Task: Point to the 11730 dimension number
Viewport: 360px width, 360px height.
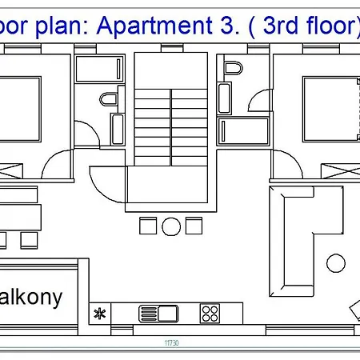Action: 170,343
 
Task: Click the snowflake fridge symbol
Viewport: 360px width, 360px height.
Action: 101,313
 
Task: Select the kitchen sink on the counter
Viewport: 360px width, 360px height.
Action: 158,313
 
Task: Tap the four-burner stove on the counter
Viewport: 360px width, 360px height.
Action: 210,313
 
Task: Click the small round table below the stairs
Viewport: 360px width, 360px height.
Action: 171,226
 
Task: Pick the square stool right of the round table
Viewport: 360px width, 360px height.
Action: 193,226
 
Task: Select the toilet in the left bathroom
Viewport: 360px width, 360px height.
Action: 107,100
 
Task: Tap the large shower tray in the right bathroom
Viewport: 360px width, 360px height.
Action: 246,128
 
